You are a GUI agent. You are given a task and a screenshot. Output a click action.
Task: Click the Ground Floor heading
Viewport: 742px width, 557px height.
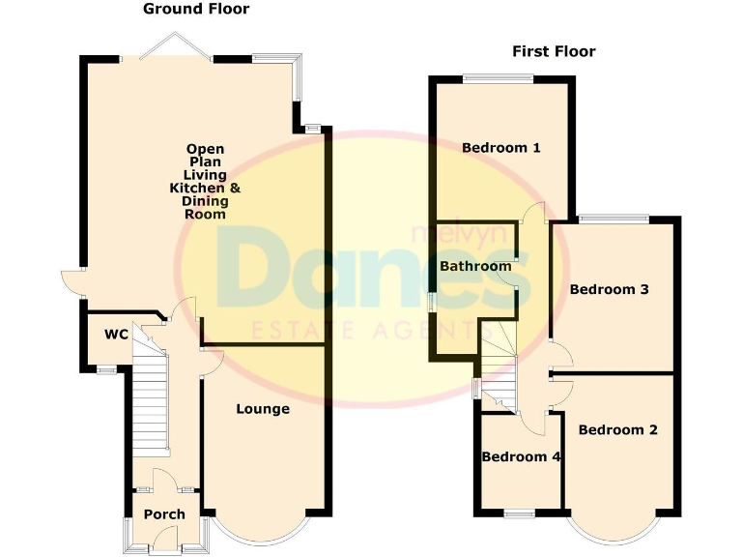click(x=196, y=10)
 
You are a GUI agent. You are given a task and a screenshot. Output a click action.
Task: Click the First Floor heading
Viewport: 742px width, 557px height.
click(x=554, y=51)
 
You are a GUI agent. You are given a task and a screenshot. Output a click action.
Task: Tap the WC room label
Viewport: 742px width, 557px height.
click(x=116, y=335)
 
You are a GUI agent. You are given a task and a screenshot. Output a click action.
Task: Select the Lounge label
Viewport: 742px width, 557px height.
click(x=263, y=409)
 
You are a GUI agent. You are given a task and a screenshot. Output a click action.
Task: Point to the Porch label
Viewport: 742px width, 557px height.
click(x=164, y=514)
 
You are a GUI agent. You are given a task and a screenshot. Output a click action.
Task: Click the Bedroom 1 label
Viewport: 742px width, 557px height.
click(x=500, y=148)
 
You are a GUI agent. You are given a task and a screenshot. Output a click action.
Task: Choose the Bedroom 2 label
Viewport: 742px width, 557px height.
click(x=618, y=429)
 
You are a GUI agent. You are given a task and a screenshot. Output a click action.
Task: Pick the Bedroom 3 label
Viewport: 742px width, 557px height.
click(x=608, y=289)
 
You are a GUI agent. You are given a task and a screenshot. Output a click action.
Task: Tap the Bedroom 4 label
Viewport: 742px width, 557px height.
click(x=522, y=456)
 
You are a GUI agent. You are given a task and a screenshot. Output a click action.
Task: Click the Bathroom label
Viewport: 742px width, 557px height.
click(x=475, y=266)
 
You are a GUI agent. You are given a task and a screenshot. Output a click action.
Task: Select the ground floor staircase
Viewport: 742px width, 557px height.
click(x=152, y=387)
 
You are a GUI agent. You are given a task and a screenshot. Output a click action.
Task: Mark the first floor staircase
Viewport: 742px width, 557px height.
click(x=499, y=372)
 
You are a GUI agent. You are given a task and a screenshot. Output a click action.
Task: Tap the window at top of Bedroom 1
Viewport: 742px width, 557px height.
click(x=498, y=78)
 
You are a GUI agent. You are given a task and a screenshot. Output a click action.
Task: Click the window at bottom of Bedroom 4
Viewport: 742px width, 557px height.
click(x=521, y=512)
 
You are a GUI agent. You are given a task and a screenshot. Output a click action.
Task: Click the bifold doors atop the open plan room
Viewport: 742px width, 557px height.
click(x=174, y=48)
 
